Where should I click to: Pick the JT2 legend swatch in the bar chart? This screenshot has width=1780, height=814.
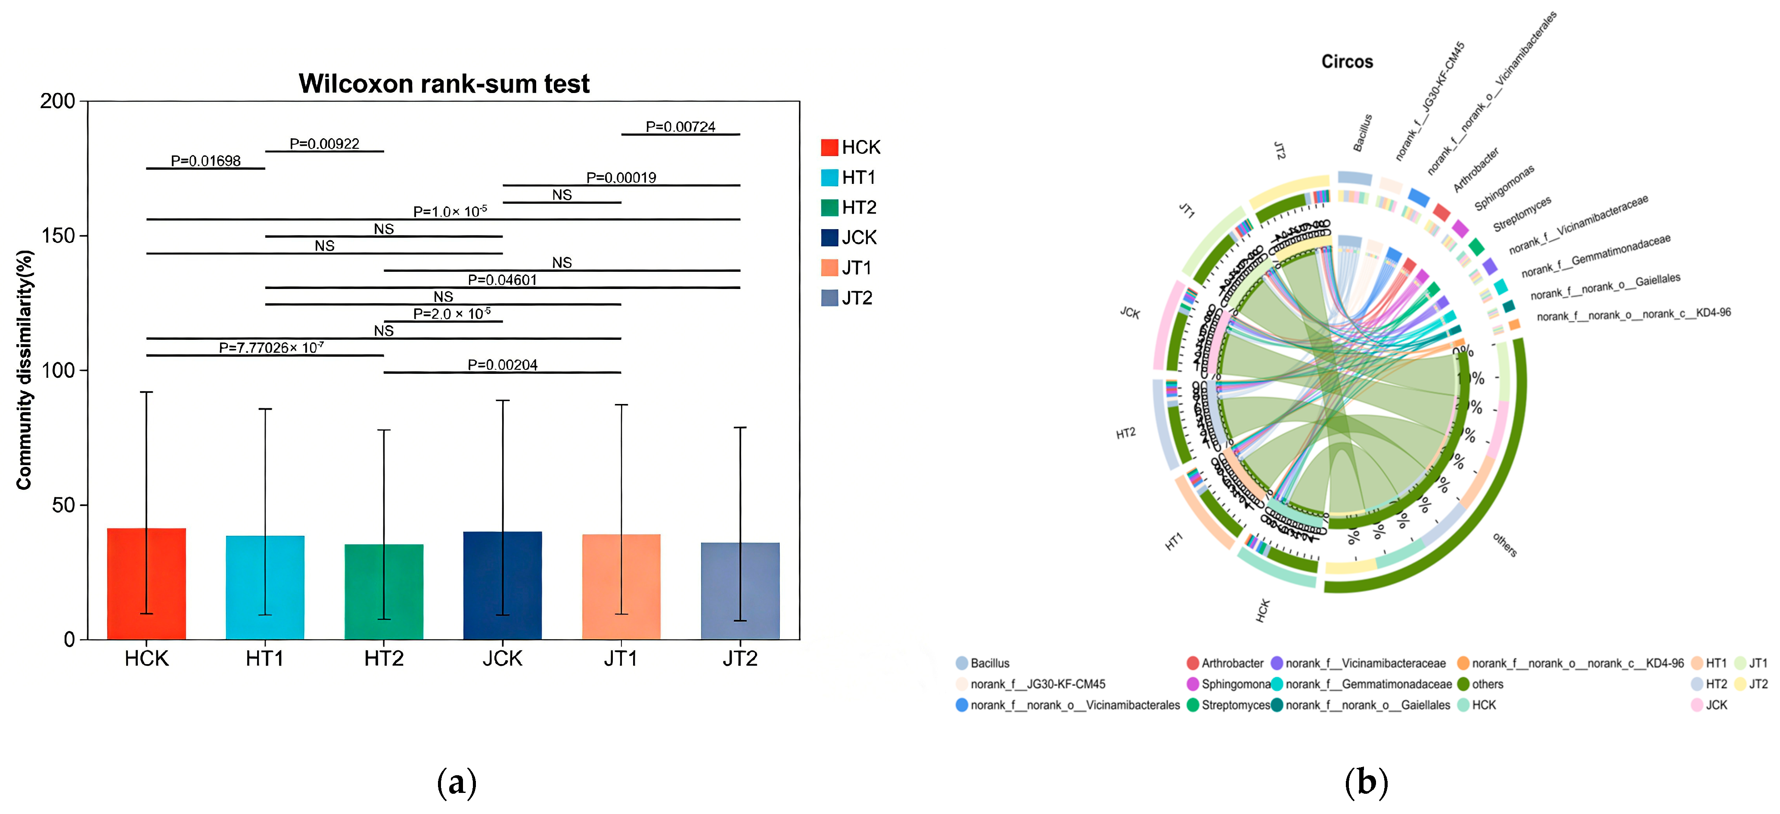tap(829, 298)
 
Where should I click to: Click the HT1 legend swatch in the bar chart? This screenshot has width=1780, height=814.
tap(829, 177)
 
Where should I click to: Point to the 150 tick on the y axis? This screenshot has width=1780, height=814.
tap(58, 236)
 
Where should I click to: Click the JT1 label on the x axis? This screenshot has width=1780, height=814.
tap(621, 659)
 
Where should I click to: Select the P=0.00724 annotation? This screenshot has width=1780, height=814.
tap(680, 127)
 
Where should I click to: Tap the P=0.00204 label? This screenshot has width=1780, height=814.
tap(502, 365)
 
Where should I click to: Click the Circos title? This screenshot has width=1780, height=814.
tap(1347, 62)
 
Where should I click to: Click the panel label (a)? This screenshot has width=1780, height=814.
tap(457, 783)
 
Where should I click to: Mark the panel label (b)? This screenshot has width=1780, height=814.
tap(1366, 783)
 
